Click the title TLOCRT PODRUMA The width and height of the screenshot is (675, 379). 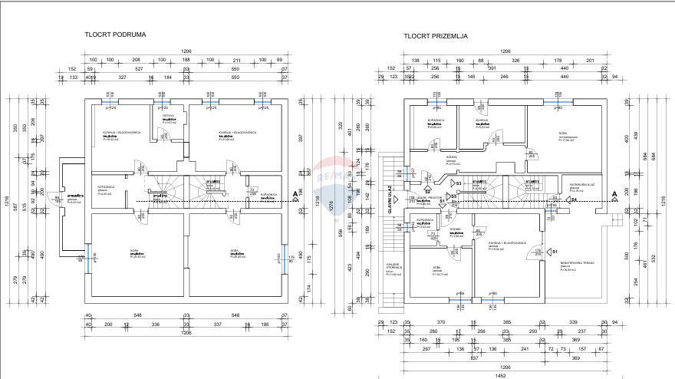point(115,35)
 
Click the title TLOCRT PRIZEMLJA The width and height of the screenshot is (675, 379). point(436,36)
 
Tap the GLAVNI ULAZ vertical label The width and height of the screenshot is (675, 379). point(390,206)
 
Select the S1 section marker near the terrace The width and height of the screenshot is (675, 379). point(554,252)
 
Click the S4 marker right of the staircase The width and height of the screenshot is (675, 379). point(573,200)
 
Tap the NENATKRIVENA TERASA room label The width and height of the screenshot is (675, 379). point(578,262)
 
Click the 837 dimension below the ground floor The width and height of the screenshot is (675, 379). point(475,357)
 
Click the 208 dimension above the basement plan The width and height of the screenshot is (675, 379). point(136,60)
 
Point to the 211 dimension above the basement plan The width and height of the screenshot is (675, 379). point(236,60)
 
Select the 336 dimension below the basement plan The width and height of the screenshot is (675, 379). point(155,325)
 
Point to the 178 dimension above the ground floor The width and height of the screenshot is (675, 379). point(558,60)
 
